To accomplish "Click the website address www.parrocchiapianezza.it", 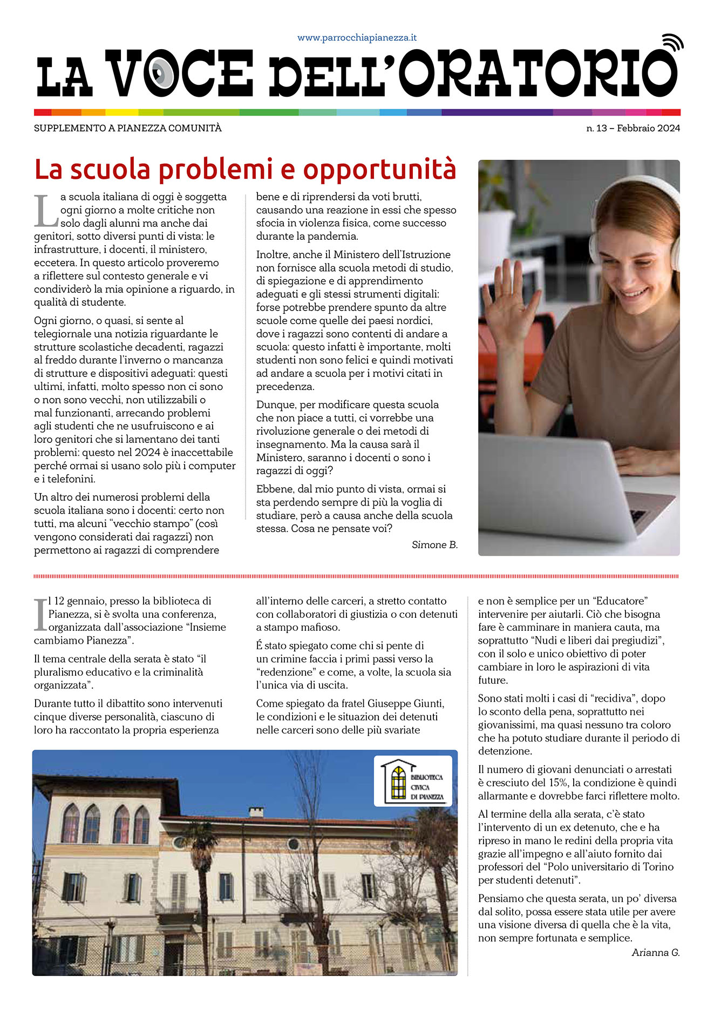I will pos(357,38).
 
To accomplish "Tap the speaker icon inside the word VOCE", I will pos(161,73).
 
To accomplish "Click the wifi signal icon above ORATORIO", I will pos(672,43).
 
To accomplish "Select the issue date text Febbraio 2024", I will pos(648,129).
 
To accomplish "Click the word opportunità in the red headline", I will pos(379,169).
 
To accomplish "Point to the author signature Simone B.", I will pos(434,544).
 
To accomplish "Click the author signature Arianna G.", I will pos(655,952).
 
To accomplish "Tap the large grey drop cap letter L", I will pos(45,211).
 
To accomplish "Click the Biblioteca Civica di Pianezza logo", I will pos(413,781).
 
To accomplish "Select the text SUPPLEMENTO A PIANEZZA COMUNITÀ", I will pos(128,129).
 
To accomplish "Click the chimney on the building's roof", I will pos(256,811).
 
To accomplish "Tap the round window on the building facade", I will pos(294,844).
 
